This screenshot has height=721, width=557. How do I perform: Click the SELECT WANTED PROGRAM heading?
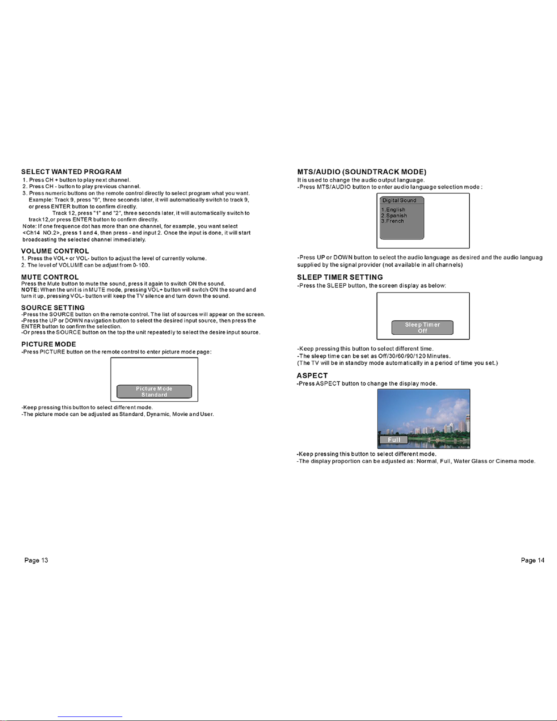[x=71, y=172]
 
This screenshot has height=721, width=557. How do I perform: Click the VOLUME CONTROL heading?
[x=55, y=251]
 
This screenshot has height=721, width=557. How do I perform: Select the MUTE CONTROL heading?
[x=50, y=277]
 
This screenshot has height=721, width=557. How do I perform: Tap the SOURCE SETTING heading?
[x=53, y=308]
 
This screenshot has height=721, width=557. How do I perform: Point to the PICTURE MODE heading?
[x=49, y=344]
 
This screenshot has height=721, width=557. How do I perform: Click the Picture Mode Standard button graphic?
[x=154, y=392]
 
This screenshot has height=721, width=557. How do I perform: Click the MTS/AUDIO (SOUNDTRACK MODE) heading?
[x=361, y=172]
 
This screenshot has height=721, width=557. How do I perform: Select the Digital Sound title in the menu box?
[x=399, y=201]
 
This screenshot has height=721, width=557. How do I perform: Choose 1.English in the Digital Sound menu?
[x=393, y=210]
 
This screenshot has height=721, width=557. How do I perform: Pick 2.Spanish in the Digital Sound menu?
[x=394, y=216]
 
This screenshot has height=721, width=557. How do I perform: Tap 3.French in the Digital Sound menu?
[x=393, y=221]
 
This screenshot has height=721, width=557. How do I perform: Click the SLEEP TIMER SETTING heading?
[x=340, y=277]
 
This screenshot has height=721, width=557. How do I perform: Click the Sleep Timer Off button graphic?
[x=422, y=328]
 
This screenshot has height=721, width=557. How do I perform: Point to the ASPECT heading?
[x=312, y=376]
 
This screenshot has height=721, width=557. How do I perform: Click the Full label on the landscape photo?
[x=394, y=440]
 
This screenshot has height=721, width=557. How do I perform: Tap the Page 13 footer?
[x=36, y=560]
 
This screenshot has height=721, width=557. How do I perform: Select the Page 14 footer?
[x=532, y=560]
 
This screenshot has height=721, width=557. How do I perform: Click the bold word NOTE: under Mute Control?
[x=30, y=290]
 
